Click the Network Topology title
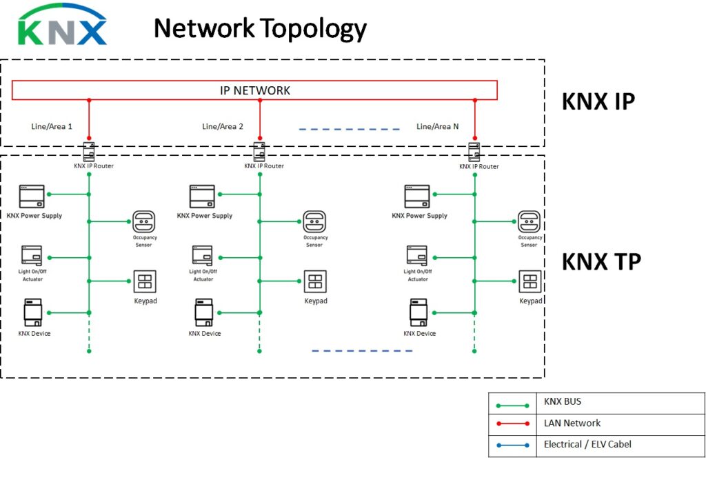260,29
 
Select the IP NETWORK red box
254,90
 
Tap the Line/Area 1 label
51,127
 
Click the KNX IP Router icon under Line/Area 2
259,151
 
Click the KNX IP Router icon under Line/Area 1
88,151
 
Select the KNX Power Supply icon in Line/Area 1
32,197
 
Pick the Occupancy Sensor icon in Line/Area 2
314,221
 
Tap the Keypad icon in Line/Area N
529,281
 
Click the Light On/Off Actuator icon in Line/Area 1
32,256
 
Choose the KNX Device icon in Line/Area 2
203,312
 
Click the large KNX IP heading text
598,101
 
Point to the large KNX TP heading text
601,262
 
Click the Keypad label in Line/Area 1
145,301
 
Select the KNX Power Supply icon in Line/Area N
417,197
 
